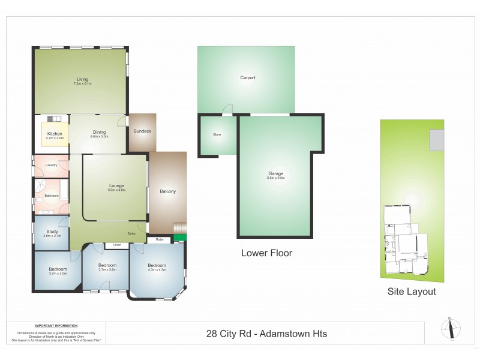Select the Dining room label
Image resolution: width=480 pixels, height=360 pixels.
tap(98, 133)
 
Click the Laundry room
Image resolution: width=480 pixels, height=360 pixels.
tap(51, 165)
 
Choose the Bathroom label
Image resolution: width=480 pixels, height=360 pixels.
tap(52, 196)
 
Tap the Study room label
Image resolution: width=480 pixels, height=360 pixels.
tap(50, 232)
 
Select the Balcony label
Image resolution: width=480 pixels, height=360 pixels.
tap(168, 191)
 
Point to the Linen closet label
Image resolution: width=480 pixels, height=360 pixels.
tap(116, 245)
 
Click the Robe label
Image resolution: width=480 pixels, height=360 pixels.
tap(159, 239)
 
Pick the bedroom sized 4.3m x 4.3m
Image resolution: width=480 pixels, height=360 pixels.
tap(157, 268)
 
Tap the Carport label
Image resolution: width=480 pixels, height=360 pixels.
tap(248, 78)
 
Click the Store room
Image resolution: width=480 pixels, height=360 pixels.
tap(217, 134)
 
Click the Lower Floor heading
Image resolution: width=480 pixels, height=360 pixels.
tap(266, 253)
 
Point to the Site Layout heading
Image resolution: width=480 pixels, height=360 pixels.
tap(412, 292)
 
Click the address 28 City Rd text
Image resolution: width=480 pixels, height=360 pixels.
tap(266, 334)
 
